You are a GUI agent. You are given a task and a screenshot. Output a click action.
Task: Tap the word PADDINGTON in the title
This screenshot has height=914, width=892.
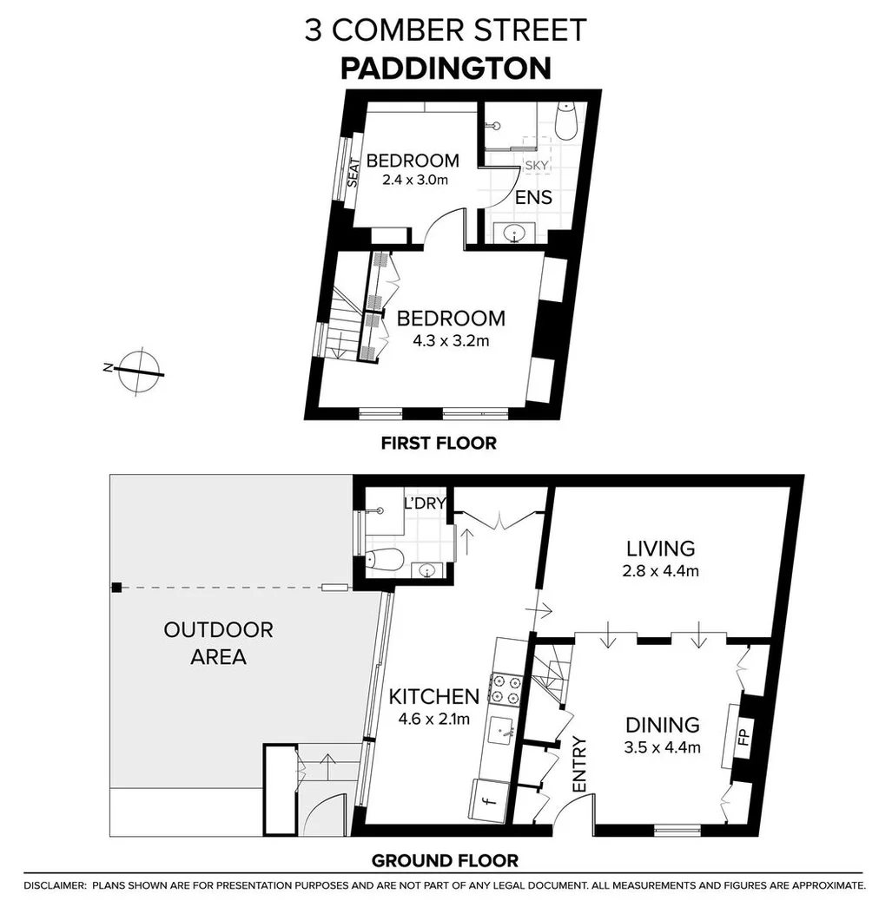pos(445,68)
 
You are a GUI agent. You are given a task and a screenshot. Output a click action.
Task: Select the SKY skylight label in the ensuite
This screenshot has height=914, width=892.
pos(536,165)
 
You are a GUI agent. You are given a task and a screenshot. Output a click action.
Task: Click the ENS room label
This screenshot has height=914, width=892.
pos(533,198)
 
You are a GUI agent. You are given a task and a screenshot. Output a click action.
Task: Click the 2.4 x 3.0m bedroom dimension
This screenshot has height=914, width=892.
pos(413,181)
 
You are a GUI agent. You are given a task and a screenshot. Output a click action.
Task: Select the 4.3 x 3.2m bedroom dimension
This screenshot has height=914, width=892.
pos(451,341)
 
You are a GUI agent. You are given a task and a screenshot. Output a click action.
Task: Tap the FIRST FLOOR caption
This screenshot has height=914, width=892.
pos(439,444)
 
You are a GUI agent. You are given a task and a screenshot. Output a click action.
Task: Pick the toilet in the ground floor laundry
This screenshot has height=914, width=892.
pos(384,560)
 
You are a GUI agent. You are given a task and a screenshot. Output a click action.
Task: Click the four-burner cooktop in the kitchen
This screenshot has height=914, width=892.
pos(505,687)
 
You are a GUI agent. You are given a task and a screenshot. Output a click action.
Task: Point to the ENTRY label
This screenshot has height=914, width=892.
pos(580,764)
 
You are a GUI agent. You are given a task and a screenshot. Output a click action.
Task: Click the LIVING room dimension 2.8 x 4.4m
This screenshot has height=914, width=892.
pos(661,571)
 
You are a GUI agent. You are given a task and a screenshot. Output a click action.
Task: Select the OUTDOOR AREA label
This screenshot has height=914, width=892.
pos(218,643)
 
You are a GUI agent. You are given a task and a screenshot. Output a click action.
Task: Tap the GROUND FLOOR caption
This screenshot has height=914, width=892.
pos(445,861)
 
